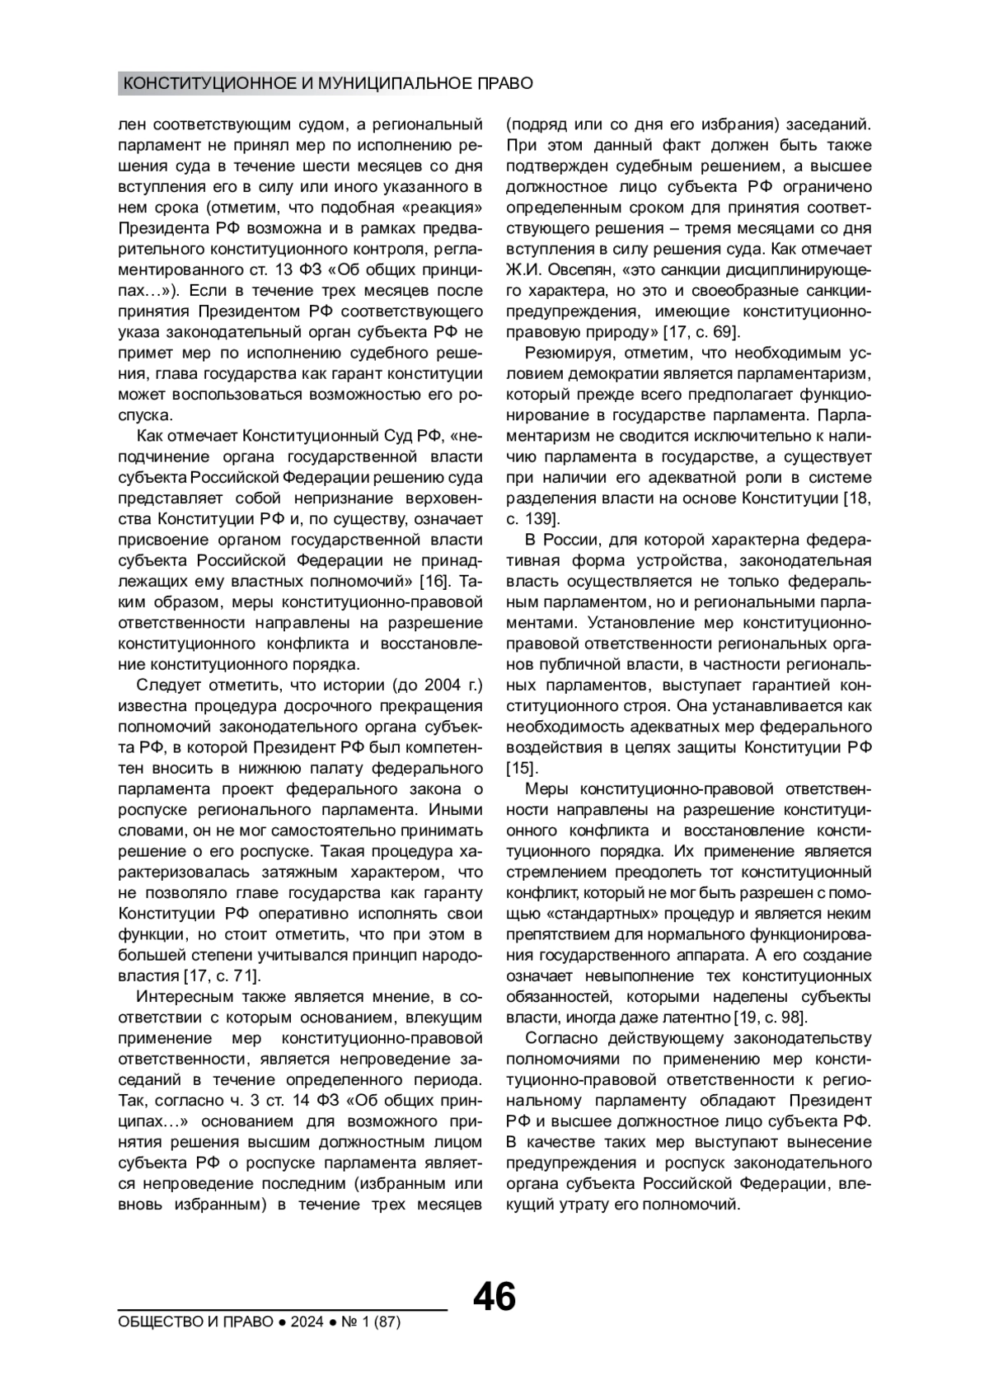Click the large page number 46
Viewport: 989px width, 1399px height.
494,1297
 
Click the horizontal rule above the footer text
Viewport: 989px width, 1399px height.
282,1308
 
